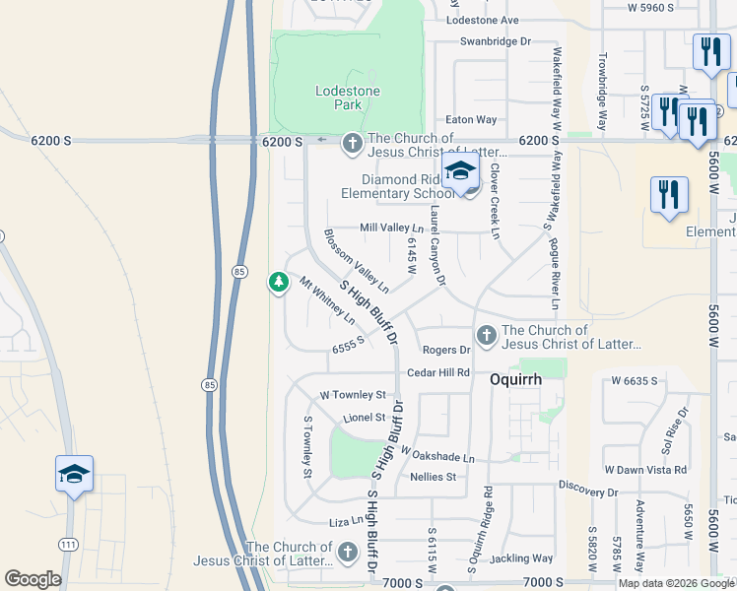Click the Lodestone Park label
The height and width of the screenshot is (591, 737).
pyautogui.click(x=347, y=98)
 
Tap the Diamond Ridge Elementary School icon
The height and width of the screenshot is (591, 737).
pyautogui.click(x=459, y=172)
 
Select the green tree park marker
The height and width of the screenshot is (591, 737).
pyautogui.click(x=279, y=283)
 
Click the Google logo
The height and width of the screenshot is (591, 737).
pyautogui.click(x=32, y=579)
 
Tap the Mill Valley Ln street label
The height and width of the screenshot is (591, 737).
pyautogui.click(x=391, y=228)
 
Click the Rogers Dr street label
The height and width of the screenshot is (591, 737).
pyautogui.click(x=446, y=350)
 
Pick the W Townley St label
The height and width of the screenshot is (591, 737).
pyautogui.click(x=352, y=394)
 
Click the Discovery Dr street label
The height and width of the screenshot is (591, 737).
pyautogui.click(x=587, y=491)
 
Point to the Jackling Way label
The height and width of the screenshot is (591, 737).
pyautogui.click(x=521, y=558)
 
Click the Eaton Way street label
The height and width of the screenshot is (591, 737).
pyautogui.click(x=471, y=119)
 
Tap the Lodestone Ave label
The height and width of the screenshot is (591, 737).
pyautogui.click(x=482, y=20)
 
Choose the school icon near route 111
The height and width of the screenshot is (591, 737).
pyautogui.click(x=75, y=473)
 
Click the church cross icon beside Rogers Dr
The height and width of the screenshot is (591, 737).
pyautogui.click(x=486, y=337)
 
